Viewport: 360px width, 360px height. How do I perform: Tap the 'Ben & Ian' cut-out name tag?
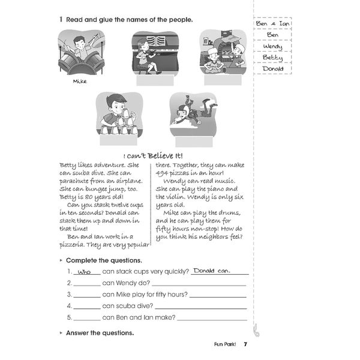pos(272,23)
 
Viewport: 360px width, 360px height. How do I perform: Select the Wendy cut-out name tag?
pos(272,46)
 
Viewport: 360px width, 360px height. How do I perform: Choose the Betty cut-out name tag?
pos(272,57)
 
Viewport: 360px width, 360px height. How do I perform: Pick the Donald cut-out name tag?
pos(272,68)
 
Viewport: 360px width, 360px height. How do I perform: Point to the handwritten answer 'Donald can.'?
pos(212,271)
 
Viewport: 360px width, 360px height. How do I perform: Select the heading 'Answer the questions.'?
pos(100,332)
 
